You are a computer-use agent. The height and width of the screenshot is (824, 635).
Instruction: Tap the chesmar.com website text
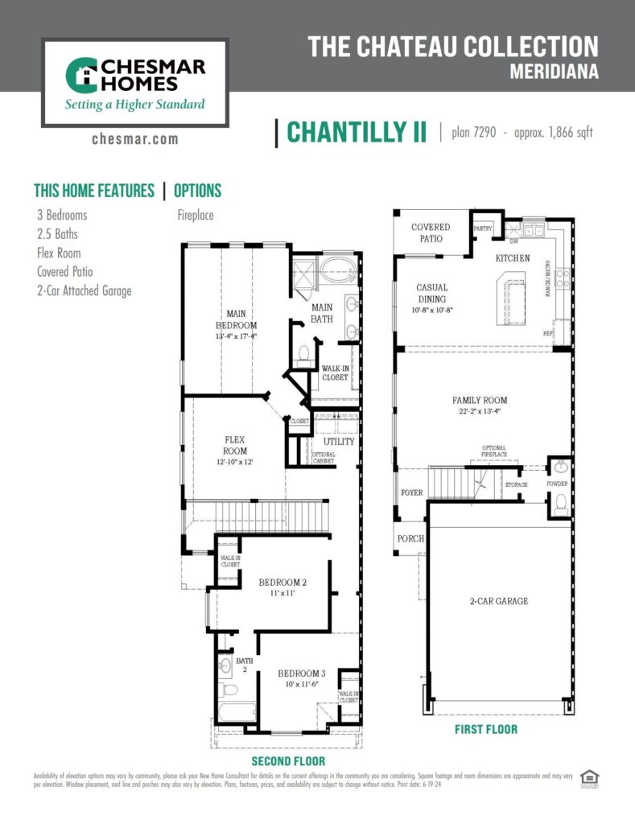tap(134, 139)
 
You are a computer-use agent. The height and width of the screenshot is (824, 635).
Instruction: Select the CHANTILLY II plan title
tap(357, 133)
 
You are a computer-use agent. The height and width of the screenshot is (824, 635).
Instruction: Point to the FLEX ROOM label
tap(235, 445)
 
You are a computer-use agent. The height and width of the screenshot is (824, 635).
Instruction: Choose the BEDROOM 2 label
tap(282, 582)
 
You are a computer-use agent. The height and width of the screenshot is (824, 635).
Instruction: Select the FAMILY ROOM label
tap(480, 400)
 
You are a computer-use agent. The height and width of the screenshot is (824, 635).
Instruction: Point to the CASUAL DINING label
tap(432, 293)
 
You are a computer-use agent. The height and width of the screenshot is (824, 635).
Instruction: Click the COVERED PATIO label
tap(431, 233)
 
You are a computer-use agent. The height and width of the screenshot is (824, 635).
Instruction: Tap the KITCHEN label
tap(512, 258)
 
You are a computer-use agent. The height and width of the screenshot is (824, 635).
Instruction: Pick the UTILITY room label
tap(339, 442)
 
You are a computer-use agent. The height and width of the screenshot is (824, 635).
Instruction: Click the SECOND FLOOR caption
tap(288, 760)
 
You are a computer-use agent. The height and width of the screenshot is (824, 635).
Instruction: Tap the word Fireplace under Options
tap(196, 216)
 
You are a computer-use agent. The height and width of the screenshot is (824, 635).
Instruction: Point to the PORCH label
tap(410, 539)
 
